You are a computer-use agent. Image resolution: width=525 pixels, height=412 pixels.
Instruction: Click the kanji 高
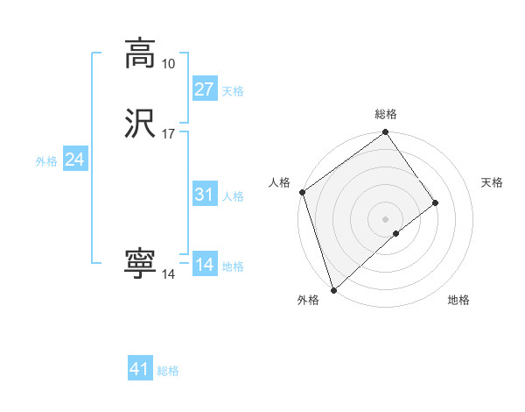pos(140,53)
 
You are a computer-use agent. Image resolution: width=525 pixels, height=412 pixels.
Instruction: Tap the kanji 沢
pos(140,123)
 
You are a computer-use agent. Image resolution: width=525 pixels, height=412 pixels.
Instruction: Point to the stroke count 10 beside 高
pos(168,64)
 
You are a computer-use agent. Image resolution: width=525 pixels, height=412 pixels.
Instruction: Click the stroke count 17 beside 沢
pos(168,134)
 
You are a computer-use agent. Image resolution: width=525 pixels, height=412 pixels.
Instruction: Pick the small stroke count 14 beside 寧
pos(168,274)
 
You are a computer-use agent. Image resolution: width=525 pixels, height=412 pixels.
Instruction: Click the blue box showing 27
pos(204,89)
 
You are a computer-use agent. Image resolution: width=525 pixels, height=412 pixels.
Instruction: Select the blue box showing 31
pos(204,195)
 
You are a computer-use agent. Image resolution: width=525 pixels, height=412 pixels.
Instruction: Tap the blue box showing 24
pos(75,160)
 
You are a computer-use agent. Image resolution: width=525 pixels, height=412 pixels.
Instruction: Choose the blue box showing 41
pos(140,369)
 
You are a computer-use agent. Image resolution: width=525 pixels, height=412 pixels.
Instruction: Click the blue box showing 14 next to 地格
pos(204,265)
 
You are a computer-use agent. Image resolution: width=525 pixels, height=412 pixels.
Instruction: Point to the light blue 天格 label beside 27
pos(233,91)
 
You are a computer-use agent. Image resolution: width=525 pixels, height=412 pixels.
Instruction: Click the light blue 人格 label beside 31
pos(233,196)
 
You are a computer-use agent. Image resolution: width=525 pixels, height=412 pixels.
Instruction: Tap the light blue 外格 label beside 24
pos(46,161)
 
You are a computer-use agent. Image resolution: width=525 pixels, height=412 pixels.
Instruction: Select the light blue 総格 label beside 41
pos(168,371)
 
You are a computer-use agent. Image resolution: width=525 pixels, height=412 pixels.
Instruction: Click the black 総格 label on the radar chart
pos(386,114)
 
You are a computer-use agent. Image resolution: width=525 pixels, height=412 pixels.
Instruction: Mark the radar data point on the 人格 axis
pos(302,192)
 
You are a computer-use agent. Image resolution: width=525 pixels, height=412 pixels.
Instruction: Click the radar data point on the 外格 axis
pos(333,289)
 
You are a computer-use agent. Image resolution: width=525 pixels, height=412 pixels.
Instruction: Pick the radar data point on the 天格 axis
pos(436,202)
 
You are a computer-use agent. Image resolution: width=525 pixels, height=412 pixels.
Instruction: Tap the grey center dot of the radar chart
pos(386,218)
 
